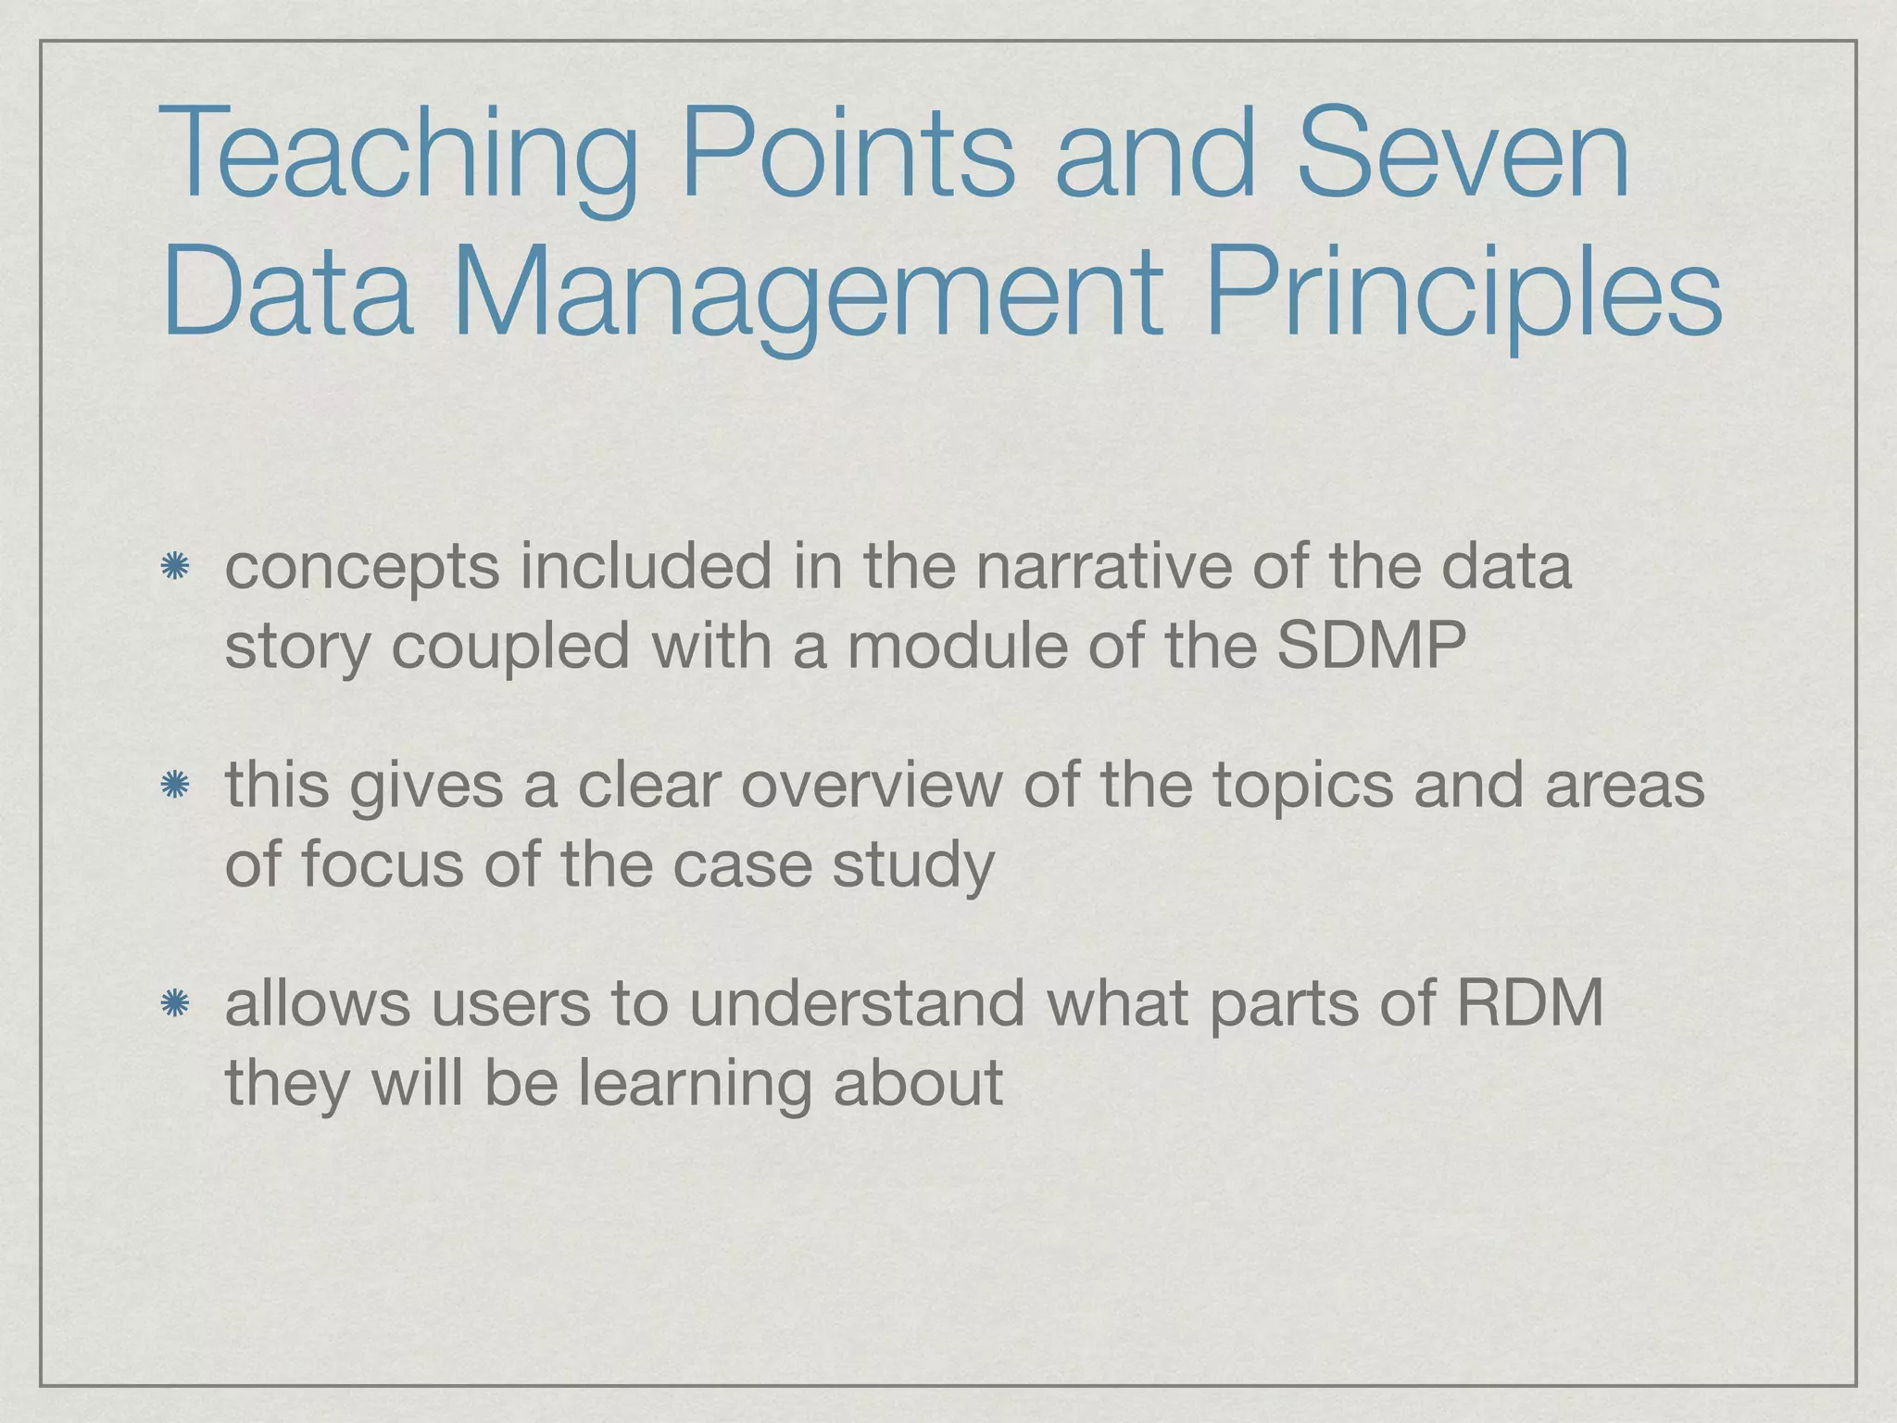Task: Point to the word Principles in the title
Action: coord(1463,295)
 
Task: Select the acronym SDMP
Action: coord(1371,646)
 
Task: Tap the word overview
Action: coord(871,787)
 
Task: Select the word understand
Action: coord(857,1003)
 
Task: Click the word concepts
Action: coord(362,567)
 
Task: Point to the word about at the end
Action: coord(917,1083)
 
